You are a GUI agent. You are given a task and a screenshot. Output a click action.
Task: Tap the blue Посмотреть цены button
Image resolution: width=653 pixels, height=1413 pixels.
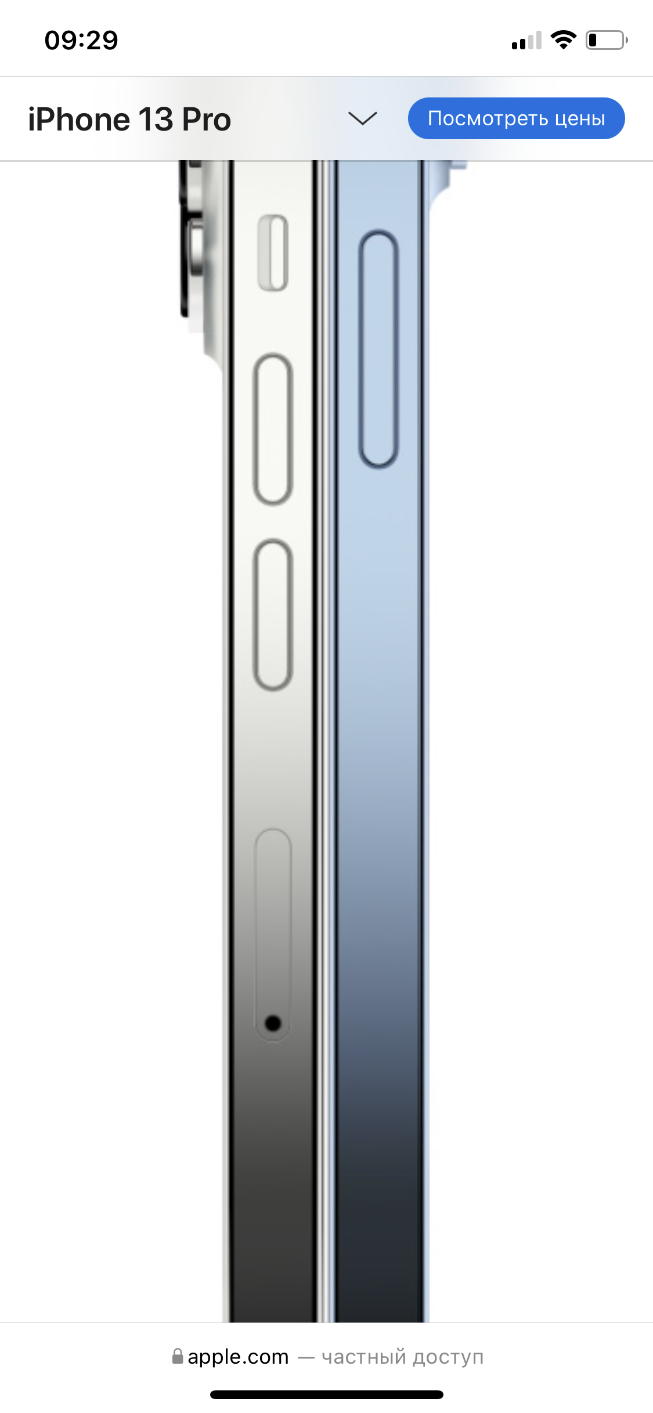(x=516, y=118)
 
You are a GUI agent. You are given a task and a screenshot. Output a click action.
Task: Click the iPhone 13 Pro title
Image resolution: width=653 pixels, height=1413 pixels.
(x=129, y=119)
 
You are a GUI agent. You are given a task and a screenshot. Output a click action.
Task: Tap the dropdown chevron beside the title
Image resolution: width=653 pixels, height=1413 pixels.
(x=363, y=118)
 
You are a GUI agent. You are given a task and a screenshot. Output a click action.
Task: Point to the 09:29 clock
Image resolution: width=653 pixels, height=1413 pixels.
(x=81, y=41)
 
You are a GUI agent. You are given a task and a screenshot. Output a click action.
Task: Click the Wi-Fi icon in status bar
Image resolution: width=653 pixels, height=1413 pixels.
(x=563, y=39)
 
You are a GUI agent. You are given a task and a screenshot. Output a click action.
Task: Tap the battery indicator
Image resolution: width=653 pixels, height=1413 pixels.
(x=607, y=40)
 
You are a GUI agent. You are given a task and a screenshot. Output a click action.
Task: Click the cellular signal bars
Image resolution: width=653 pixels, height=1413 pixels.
(x=526, y=40)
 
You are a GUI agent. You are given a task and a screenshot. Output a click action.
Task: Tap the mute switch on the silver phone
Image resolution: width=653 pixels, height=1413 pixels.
(x=273, y=253)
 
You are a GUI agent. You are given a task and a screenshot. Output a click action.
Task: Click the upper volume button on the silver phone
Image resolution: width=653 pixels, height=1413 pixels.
(x=273, y=429)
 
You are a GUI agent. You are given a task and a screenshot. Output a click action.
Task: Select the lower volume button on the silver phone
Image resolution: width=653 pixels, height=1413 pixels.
(x=273, y=615)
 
